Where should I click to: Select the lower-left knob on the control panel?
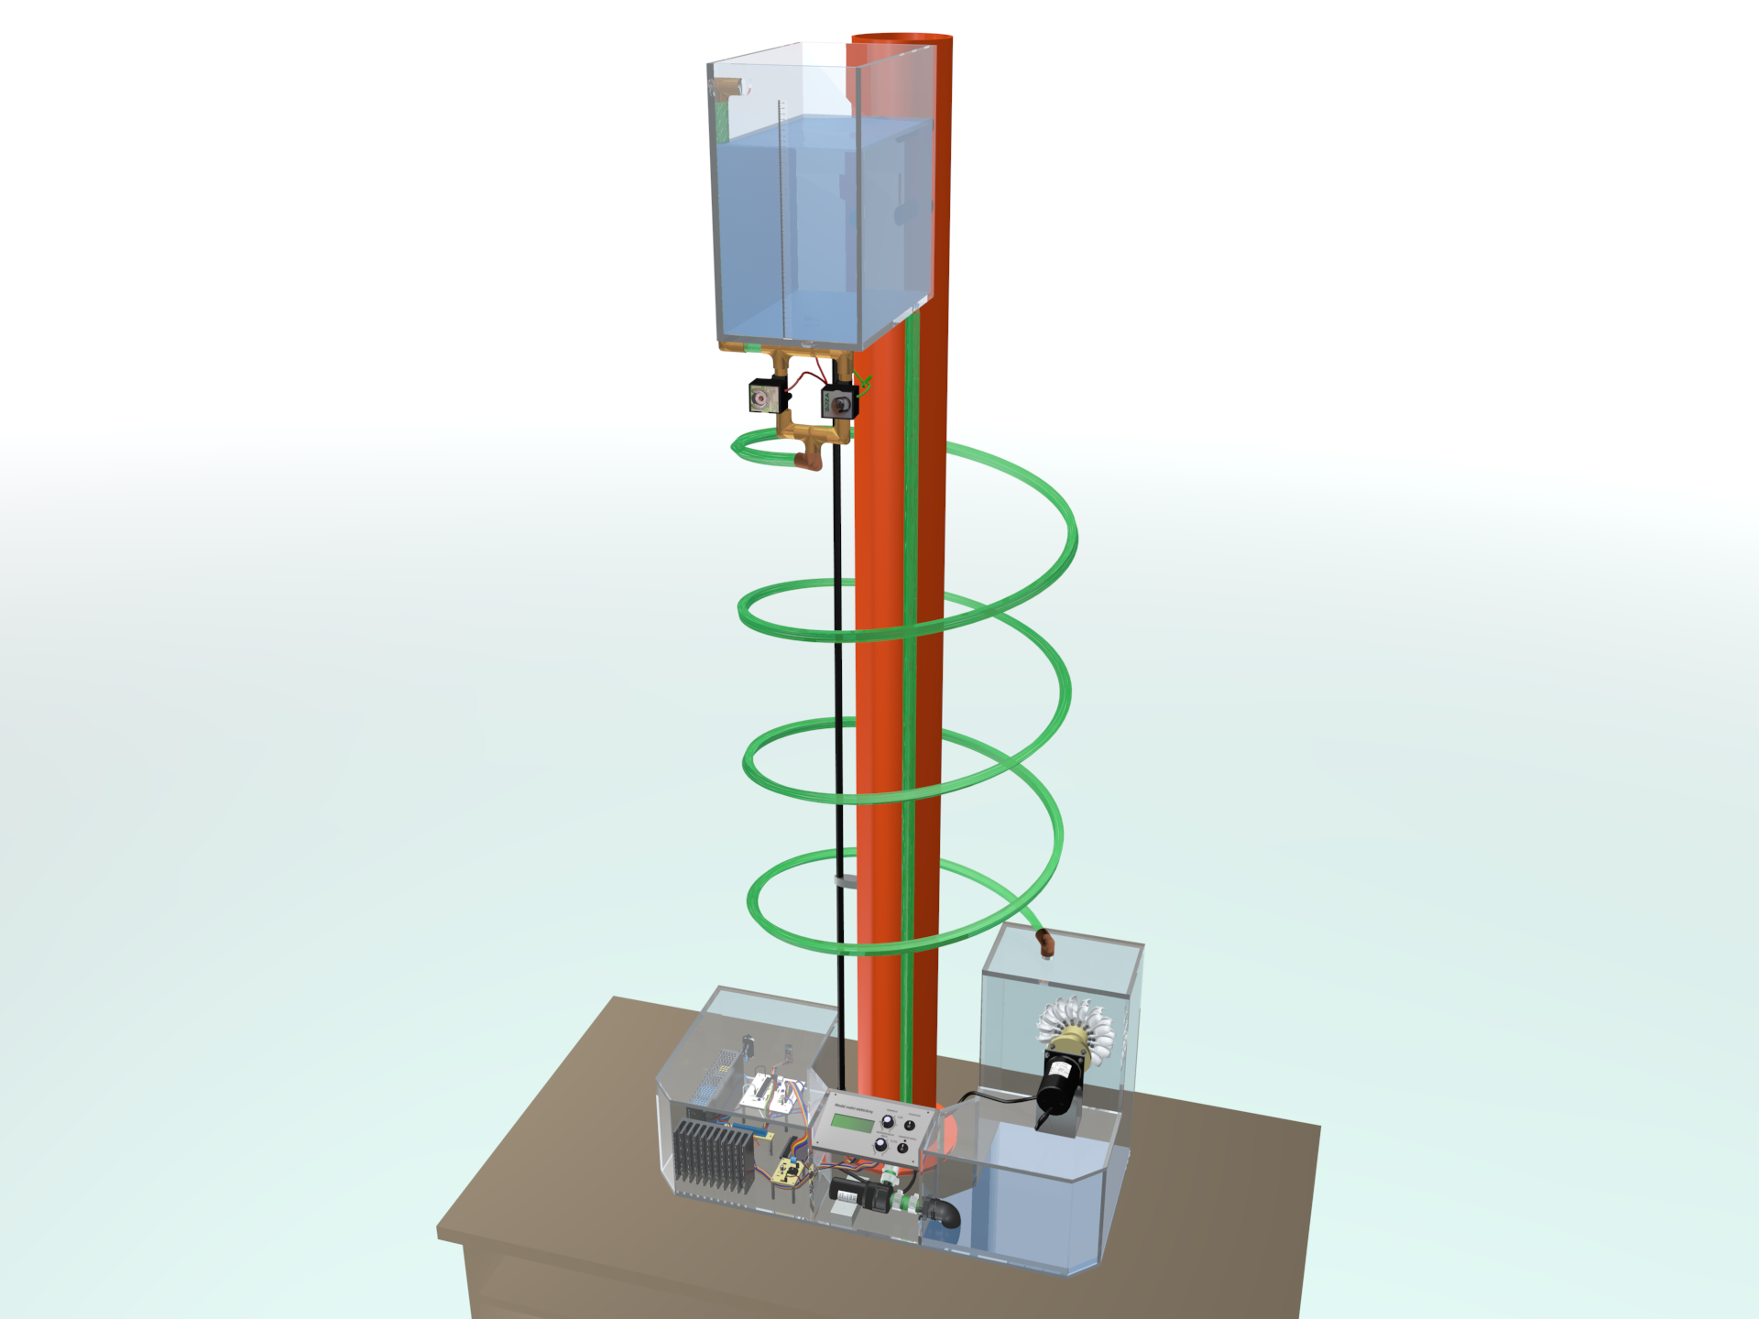880,1144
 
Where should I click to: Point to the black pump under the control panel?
857,1193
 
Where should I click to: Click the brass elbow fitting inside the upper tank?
730,89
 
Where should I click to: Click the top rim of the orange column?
902,38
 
